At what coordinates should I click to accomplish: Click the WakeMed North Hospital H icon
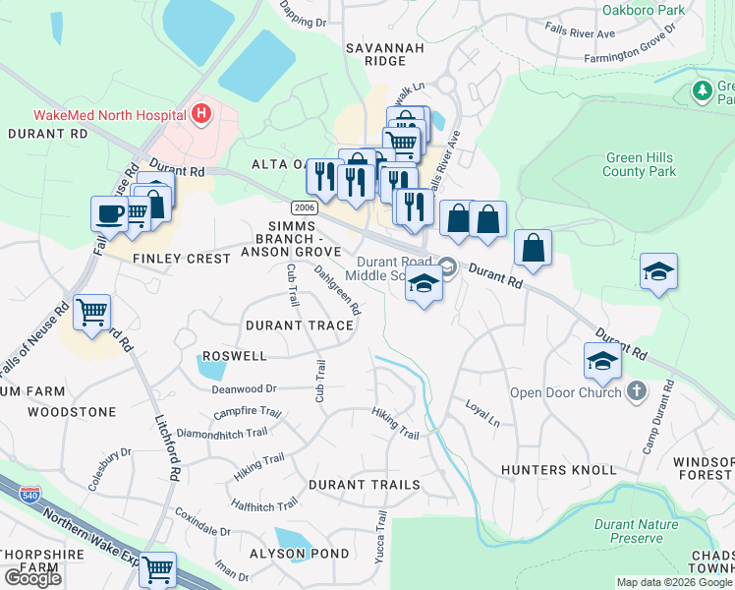pyautogui.click(x=201, y=114)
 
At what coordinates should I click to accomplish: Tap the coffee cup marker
pyautogui.click(x=109, y=213)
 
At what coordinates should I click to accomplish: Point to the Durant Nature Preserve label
pyautogui.click(x=636, y=531)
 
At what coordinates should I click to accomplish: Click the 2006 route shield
pyautogui.click(x=303, y=207)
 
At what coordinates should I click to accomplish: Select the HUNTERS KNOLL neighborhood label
pyautogui.click(x=557, y=470)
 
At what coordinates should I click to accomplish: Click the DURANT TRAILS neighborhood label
pyautogui.click(x=365, y=485)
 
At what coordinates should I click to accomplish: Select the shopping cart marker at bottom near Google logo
pyautogui.click(x=157, y=569)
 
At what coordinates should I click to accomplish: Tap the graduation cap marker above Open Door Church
pyautogui.click(x=602, y=361)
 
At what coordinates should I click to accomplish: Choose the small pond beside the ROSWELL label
pyautogui.click(x=209, y=368)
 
